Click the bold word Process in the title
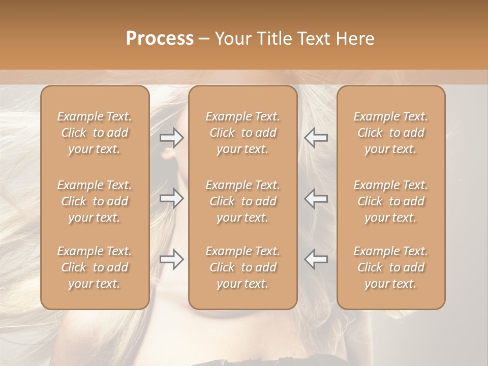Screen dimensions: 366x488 (x=160, y=39)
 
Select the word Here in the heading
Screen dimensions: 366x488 (x=355, y=39)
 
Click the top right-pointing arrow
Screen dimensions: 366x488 (x=171, y=138)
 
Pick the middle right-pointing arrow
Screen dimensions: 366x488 (x=171, y=198)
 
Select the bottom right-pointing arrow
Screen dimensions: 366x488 (x=171, y=259)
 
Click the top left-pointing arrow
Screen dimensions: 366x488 (x=316, y=138)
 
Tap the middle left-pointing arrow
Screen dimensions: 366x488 (x=316, y=198)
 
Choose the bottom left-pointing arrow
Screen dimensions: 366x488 (x=316, y=259)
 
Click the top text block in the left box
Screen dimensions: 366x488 (x=95, y=133)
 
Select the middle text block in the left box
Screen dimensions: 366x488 (x=95, y=201)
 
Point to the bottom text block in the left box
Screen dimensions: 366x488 (x=95, y=267)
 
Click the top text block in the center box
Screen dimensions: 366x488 (x=243, y=133)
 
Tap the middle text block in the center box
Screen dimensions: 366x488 (x=243, y=201)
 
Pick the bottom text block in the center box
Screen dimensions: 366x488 (x=243, y=267)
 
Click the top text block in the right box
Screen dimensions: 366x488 (x=391, y=133)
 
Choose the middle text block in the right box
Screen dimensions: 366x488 (x=391, y=201)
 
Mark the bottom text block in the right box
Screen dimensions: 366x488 (x=391, y=267)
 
